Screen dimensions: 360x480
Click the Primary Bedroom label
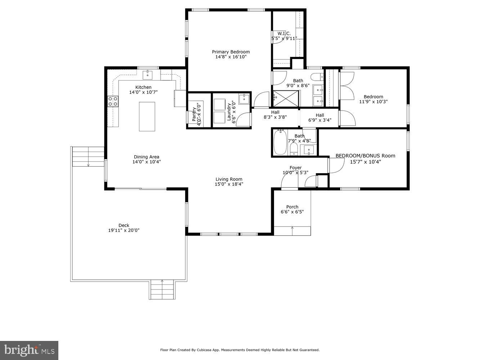click(x=230, y=52)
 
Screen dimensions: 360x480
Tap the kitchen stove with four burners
click(x=113, y=101)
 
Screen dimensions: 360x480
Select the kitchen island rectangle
click(x=147, y=116)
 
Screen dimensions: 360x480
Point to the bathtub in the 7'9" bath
click(x=280, y=143)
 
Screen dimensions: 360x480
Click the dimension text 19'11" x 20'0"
click(x=124, y=230)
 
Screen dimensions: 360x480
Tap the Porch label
click(x=292, y=207)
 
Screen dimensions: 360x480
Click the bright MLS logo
click(x=29, y=350)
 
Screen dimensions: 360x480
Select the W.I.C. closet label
click(x=284, y=33)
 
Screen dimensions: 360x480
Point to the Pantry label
click(x=194, y=114)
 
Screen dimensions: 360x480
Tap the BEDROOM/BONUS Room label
click(x=365, y=156)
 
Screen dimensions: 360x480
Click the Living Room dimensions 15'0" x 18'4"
click(x=229, y=184)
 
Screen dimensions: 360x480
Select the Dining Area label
click(x=147, y=157)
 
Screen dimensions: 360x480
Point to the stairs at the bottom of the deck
click(x=162, y=290)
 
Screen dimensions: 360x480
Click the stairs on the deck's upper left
click(x=88, y=157)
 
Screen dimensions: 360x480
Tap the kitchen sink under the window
click(x=148, y=75)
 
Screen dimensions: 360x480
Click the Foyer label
click(x=296, y=168)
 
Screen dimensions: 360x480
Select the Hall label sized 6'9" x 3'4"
click(x=320, y=115)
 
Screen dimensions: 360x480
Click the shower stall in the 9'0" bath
click(x=286, y=99)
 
